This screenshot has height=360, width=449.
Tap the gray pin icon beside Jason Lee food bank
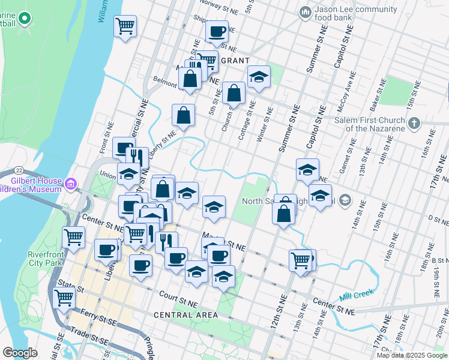[305, 11]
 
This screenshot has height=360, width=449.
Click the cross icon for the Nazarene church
[414, 124]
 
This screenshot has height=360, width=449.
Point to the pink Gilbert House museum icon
[71, 182]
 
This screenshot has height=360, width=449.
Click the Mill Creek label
[356, 293]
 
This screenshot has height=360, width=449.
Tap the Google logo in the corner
[20, 353]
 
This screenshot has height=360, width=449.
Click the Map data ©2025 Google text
[411, 355]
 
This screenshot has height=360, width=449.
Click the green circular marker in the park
[25, 19]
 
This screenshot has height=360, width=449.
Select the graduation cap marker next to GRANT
[259, 77]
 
